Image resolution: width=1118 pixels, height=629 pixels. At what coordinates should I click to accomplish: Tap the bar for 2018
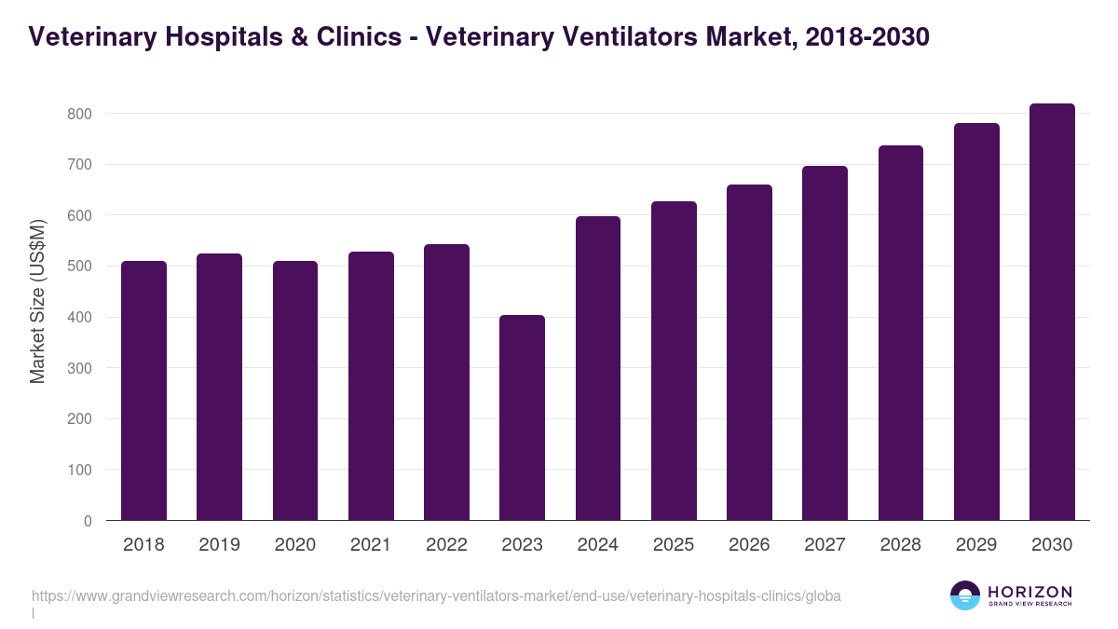[x=143, y=390]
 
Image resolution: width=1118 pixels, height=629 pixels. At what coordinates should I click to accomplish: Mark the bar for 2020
[x=294, y=390]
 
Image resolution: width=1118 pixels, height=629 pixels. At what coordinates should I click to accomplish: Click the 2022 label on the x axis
[x=446, y=545]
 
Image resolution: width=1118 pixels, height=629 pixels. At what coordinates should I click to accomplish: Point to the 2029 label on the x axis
[x=976, y=545]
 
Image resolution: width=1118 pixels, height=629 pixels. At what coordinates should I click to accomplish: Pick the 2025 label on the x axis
[x=674, y=545]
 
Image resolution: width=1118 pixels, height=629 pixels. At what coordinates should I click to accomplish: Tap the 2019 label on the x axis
[x=219, y=545]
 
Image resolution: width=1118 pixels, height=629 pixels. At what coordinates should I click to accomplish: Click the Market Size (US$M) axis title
[x=38, y=302]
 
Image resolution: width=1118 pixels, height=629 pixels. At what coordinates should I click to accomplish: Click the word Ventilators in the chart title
[x=622, y=36]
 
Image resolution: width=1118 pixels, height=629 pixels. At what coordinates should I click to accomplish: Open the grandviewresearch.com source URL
[x=436, y=596]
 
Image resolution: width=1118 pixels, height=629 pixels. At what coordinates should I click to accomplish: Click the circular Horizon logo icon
[x=965, y=595]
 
